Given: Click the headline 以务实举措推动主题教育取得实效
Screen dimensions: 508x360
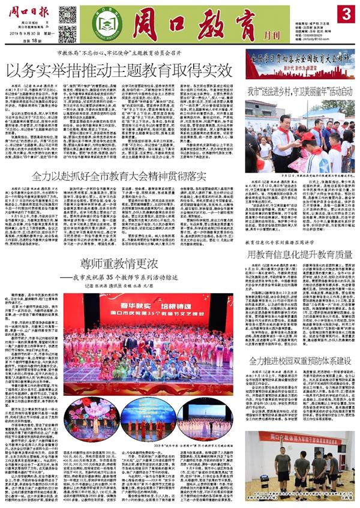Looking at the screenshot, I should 120,70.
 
